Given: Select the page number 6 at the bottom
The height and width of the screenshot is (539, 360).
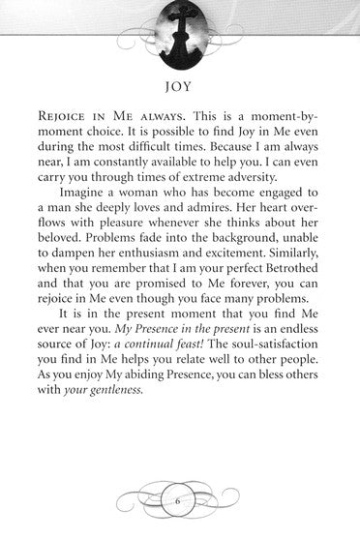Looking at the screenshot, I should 180,500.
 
